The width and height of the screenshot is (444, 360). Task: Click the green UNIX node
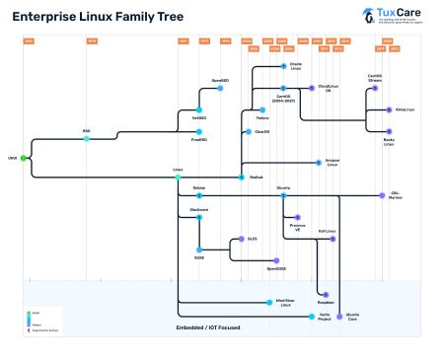[23, 157]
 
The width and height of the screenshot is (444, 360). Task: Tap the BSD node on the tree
[87, 138]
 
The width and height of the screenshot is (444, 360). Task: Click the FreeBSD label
[198, 140]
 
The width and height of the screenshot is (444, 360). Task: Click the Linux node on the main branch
[178, 177]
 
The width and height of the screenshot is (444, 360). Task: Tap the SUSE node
[198, 248]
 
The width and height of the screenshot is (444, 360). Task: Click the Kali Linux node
[333, 239]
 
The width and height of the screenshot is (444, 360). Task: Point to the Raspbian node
[323, 293]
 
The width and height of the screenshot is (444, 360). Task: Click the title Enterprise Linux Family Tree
[90, 19]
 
